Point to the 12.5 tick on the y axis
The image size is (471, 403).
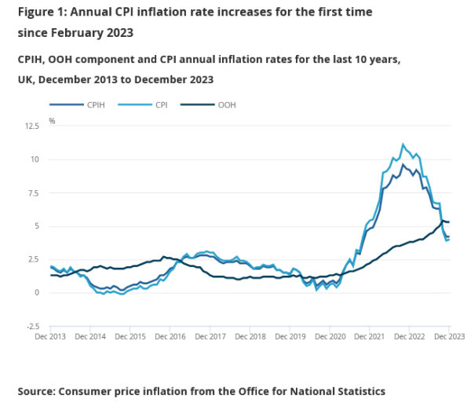pyautogui.click(x=31, y=126)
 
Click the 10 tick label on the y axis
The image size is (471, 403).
pyautogui.click(x=35, y=159)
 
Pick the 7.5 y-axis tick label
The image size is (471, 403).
pyautogui.click(x=34, y=192)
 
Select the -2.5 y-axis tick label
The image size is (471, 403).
pyautogui.click(x=32, y=326)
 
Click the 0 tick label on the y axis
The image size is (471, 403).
pyautogui.click(x=37, y=293)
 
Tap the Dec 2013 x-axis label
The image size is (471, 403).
pyautogui.click(x=51, y=337)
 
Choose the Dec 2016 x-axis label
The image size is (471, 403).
pyautogui.click(x=170, y=337)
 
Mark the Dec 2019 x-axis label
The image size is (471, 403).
pyautogui.click(x=290, y=337)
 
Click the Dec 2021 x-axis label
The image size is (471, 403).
pyautogui.click(x=369, y=337)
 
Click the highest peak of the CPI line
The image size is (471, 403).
pyautogui.click(x=403, y=144)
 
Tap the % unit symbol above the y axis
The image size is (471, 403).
pyautogui.click(x=52, y=121)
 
